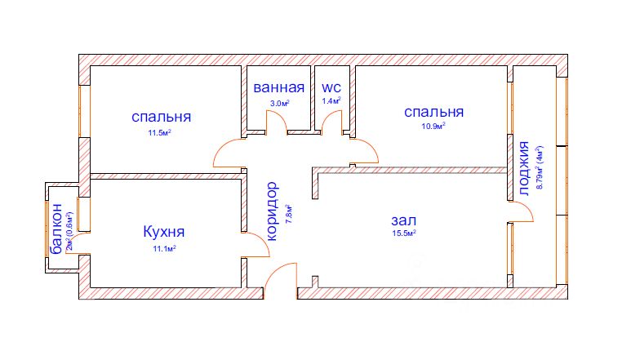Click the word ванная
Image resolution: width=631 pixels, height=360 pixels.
coord(278,88)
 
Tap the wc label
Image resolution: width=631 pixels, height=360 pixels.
coord(331,88)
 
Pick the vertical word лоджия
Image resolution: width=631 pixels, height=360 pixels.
coord(522,171)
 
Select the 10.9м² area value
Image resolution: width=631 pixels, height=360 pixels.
coord(433,127)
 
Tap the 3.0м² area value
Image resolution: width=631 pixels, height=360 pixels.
coord(279,103)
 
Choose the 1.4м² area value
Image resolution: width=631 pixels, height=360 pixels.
coord(331,101)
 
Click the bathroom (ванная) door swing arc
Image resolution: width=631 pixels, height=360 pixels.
coord(278,122)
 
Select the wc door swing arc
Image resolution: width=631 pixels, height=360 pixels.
coord(331,122)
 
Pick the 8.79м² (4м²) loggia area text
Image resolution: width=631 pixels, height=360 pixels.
coord(539,167)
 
